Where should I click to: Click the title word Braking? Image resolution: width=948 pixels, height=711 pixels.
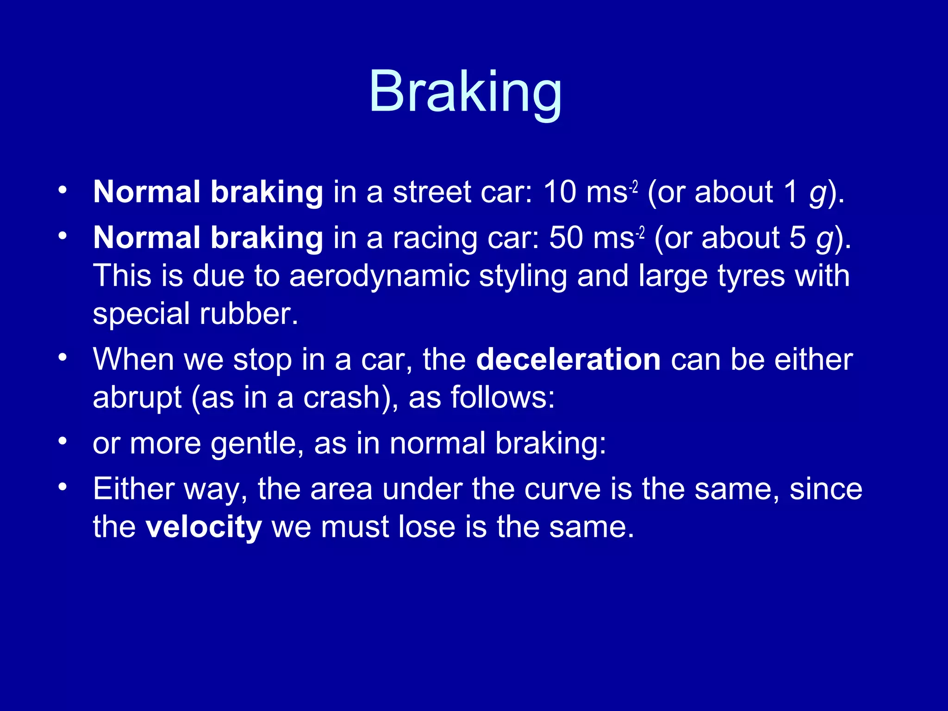465,93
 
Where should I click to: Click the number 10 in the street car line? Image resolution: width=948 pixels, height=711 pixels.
560,192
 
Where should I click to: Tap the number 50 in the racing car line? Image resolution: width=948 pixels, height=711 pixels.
566,237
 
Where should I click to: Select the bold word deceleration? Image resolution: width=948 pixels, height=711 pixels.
568,360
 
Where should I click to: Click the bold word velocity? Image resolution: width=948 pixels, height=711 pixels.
204,527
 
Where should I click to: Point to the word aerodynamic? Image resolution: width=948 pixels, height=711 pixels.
379,276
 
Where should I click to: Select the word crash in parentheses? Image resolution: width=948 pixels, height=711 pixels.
342,398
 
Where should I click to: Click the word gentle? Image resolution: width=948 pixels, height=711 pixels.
257,444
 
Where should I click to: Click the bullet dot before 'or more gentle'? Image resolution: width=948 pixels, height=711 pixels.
63,441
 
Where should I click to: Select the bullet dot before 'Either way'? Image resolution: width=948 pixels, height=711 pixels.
63,487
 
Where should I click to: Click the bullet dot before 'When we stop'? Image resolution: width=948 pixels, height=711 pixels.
63,357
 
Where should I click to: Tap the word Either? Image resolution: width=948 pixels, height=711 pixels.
133,489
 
